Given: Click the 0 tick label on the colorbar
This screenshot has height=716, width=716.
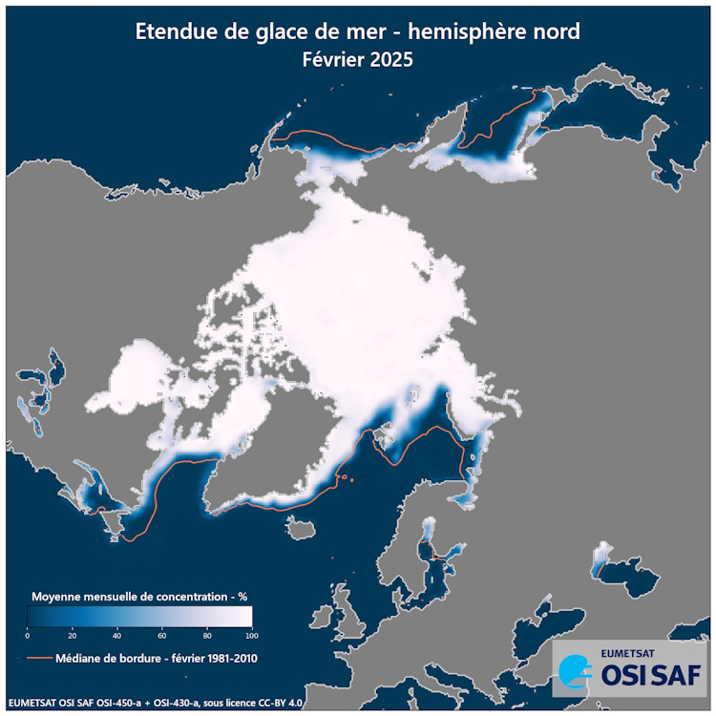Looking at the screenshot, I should point(28,635).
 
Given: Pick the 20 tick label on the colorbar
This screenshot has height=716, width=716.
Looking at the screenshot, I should point(72,635).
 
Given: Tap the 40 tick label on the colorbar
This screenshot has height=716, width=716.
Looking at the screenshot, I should point(116,635).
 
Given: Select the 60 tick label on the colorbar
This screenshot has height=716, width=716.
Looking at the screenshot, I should point(161,635).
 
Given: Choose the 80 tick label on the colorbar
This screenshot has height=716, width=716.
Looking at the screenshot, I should point(206,635).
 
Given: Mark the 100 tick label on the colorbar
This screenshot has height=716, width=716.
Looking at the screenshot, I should point(250,635).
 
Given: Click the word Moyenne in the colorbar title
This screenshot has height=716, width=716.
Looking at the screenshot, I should point(60,595).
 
